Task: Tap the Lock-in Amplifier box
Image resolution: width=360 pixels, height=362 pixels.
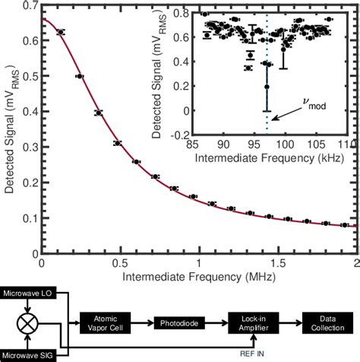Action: pos(251,324)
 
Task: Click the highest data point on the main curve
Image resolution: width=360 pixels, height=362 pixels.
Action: pos(61,32)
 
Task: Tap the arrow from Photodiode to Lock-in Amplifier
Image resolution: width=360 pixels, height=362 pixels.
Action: pos(215,324)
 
